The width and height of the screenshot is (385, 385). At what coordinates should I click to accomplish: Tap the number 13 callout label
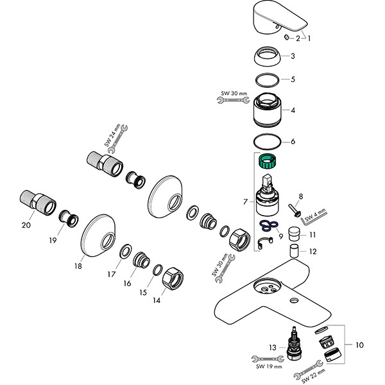pos(272,348)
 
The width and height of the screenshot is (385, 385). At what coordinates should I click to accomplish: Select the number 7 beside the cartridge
pos(245,202)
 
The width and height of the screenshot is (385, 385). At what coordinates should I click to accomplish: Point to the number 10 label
pos(357,345)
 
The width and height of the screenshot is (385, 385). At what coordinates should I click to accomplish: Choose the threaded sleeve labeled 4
pos(269,110)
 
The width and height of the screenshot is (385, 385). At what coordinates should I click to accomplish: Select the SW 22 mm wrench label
pos(312,372)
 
